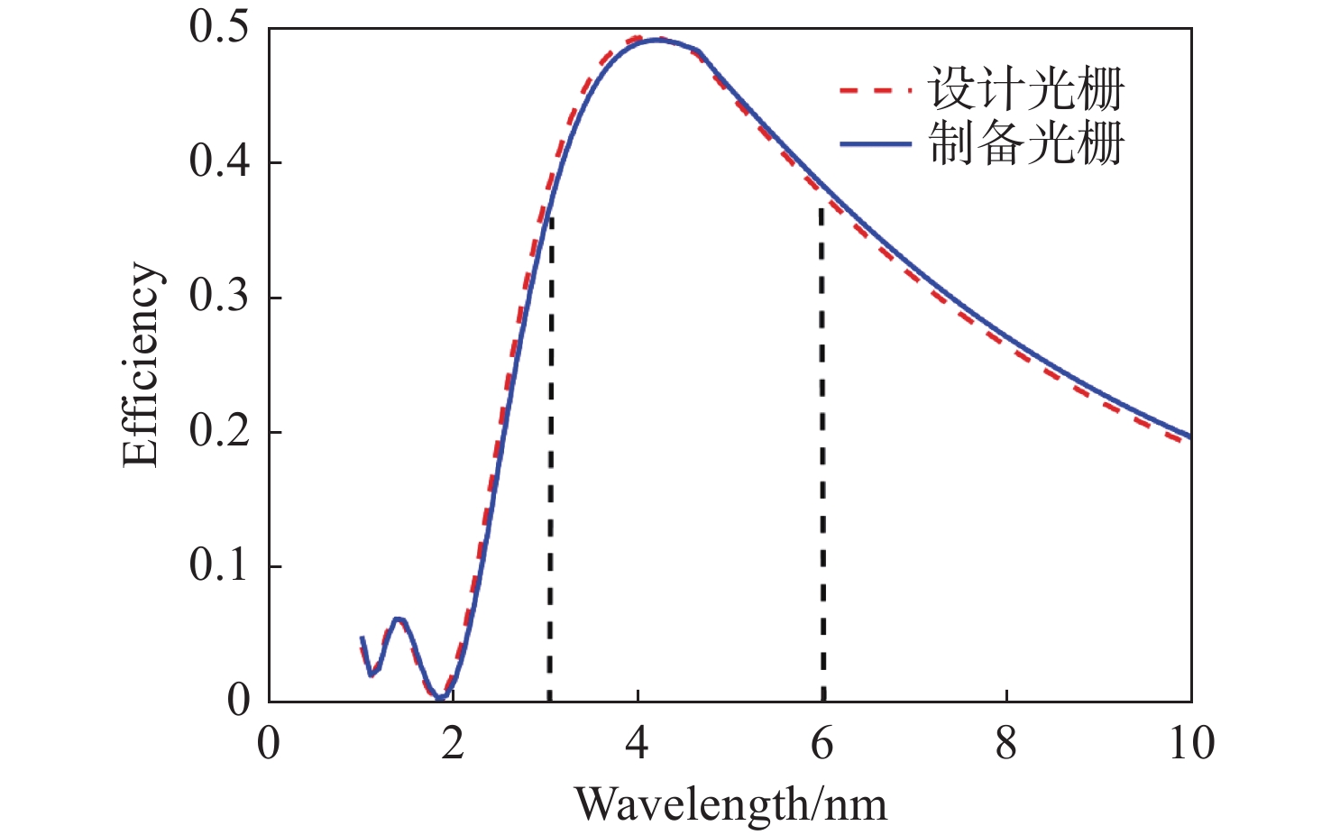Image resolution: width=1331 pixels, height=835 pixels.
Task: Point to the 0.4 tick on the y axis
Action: [218, 162]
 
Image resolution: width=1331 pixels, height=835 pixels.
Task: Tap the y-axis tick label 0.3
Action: [218, 297]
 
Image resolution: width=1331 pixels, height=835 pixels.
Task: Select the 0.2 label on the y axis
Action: [218, 431]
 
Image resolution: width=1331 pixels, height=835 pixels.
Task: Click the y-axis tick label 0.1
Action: [218, 565]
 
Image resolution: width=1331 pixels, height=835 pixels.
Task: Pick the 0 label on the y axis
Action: [238, 701]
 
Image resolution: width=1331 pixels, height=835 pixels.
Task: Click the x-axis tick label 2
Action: [453, 744]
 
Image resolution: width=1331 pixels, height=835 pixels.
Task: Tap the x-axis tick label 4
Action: [638, 744]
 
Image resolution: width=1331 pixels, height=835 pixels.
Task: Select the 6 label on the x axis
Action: [822, 744]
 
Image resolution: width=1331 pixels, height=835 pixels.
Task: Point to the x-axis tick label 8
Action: [1006, 744]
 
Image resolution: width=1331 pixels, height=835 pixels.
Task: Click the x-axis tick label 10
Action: [1190, 744]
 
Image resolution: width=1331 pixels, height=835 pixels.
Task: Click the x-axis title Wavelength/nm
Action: [730, 803]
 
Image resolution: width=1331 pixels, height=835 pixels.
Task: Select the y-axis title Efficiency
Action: [142, 364]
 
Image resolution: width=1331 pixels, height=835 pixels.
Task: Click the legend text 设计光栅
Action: [1026, 88]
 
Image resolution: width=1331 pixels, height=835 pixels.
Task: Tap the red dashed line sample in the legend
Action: [875, 90]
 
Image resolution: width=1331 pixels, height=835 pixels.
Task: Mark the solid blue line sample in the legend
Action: [875, 144]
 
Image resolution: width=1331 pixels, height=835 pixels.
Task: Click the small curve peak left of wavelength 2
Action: [398, 619]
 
